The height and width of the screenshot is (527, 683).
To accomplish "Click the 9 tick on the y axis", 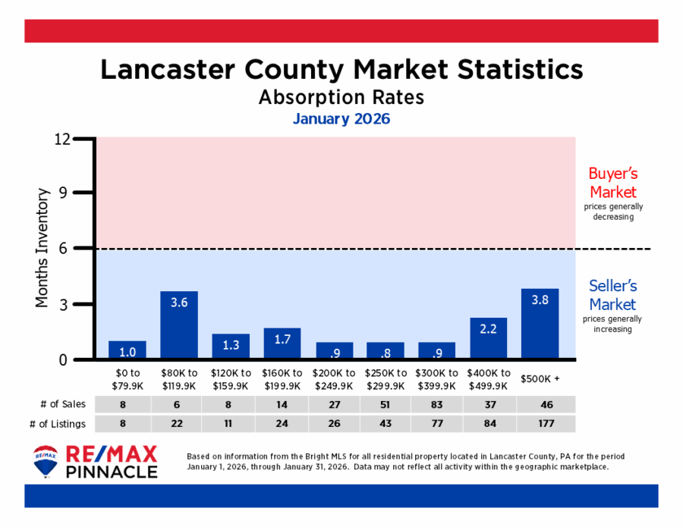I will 65,193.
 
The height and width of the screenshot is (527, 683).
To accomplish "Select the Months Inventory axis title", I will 42,249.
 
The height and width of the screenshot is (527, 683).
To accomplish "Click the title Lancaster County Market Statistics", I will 341,70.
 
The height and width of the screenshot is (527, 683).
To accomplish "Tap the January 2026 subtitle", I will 341,119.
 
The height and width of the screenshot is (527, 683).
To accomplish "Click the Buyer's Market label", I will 612,183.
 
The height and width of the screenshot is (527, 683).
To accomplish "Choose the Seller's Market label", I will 612,295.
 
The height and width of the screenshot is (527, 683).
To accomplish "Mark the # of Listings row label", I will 58,424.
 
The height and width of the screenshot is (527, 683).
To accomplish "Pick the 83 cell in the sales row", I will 437,404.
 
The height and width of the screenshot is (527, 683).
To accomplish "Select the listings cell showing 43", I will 386,424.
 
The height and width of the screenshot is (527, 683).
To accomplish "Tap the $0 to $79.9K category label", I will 127,378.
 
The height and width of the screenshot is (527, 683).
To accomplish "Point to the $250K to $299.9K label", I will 386,378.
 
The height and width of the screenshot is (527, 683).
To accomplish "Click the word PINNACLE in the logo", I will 113,472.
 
